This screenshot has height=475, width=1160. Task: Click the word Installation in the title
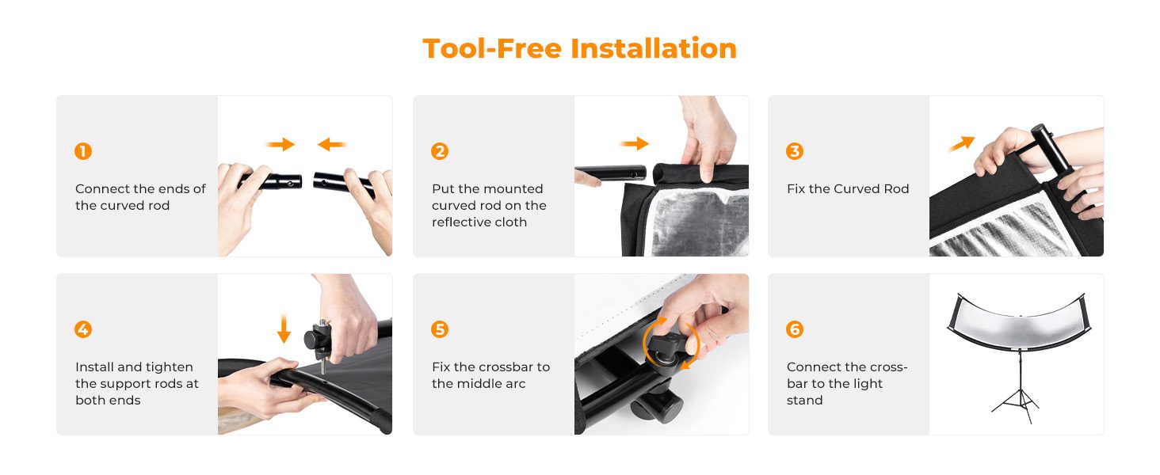tap(654, 48)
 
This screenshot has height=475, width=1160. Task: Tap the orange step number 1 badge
tap(83, 151)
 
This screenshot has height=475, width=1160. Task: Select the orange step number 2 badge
tap(440, 151)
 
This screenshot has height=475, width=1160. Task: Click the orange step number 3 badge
tap(795, 151)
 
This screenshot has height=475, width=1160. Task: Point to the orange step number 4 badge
tap(83, 329)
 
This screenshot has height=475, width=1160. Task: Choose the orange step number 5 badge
tap(440, 329)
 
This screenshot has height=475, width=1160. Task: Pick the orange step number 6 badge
tap(795, 329)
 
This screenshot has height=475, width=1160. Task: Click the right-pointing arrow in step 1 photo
tap(280, 144)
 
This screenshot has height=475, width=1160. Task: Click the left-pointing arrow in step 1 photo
tap(332, 144)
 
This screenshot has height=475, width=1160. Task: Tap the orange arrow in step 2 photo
tap(635, 143)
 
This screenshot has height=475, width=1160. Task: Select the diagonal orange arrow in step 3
tap(962, 143)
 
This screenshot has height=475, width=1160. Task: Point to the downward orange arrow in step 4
tap(284, 328)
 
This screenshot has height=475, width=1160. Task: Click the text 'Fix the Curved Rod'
tap(848, 189)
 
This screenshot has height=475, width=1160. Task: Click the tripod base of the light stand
tap(1020, 406)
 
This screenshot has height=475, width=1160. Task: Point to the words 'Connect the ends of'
tap(140, 189)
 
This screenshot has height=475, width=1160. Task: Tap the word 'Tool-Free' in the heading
tap(492, 48)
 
